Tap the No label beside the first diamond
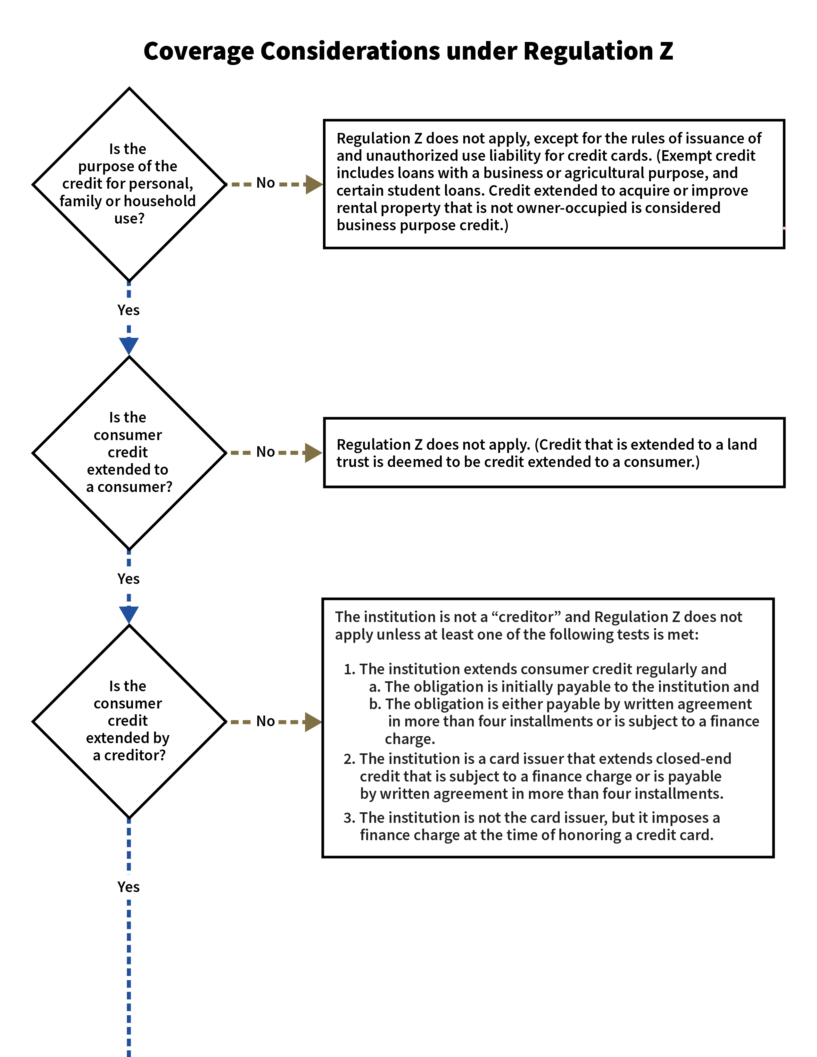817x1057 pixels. (x=265, y=183)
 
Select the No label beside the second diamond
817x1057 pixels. (x=265, y=452)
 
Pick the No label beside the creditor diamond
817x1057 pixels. (x=265, y=721)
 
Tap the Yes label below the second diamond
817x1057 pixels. (x=128, y=579)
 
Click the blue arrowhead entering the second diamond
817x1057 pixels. (x=129, y=346)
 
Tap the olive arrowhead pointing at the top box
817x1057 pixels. (x=314, y=184)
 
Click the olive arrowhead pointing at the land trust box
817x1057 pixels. (x=313, y=453)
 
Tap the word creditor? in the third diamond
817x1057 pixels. (x=135, y=756)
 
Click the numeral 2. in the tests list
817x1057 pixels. (x=350, y=759)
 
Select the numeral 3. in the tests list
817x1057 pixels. (x=350, y=818)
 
